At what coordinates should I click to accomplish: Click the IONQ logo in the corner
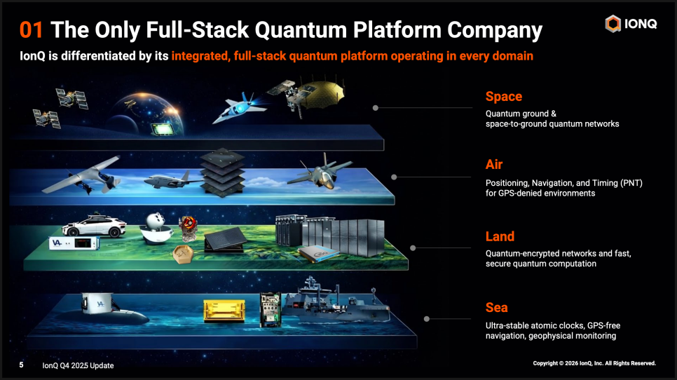click(631, 24)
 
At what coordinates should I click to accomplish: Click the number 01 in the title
click(33, 30)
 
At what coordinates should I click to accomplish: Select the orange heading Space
click(503, 96)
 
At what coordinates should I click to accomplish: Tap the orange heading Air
click(494, 165)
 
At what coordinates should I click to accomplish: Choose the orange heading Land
click(500, 236)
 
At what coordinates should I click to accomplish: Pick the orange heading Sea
click(496, 307)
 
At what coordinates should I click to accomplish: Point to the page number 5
click(21, 365)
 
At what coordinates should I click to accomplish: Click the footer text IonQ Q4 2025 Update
click(78, 365)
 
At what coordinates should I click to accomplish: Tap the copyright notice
click(594, 363)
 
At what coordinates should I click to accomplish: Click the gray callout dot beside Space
click(376, 108)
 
